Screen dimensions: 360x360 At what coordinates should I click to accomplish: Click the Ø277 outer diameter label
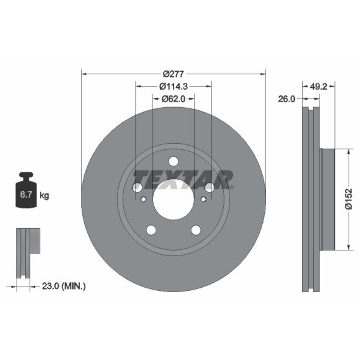click(173, 74)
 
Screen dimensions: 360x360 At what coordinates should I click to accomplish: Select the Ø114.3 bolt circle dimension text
click(173, 86)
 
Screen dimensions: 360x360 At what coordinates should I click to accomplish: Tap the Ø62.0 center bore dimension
click(173, 99)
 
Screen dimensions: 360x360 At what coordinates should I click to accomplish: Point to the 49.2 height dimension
click(318, 86)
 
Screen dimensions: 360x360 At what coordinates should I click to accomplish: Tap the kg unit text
click(44, 195)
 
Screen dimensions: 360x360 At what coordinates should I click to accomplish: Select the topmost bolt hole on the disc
click(173, 161)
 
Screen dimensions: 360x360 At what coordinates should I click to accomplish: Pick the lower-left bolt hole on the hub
click(150, 230)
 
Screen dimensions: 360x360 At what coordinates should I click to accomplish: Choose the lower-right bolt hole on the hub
click(196, 230)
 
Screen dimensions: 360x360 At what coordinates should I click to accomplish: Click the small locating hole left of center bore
click(143, 200)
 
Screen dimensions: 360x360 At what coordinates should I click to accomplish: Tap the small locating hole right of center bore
click(203, 200)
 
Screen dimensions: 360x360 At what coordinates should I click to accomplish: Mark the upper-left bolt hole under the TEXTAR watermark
click(137, 187)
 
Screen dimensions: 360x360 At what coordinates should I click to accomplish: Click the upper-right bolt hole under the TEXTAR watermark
click(210, 187)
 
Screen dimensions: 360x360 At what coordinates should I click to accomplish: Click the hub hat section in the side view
click(327, 200)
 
